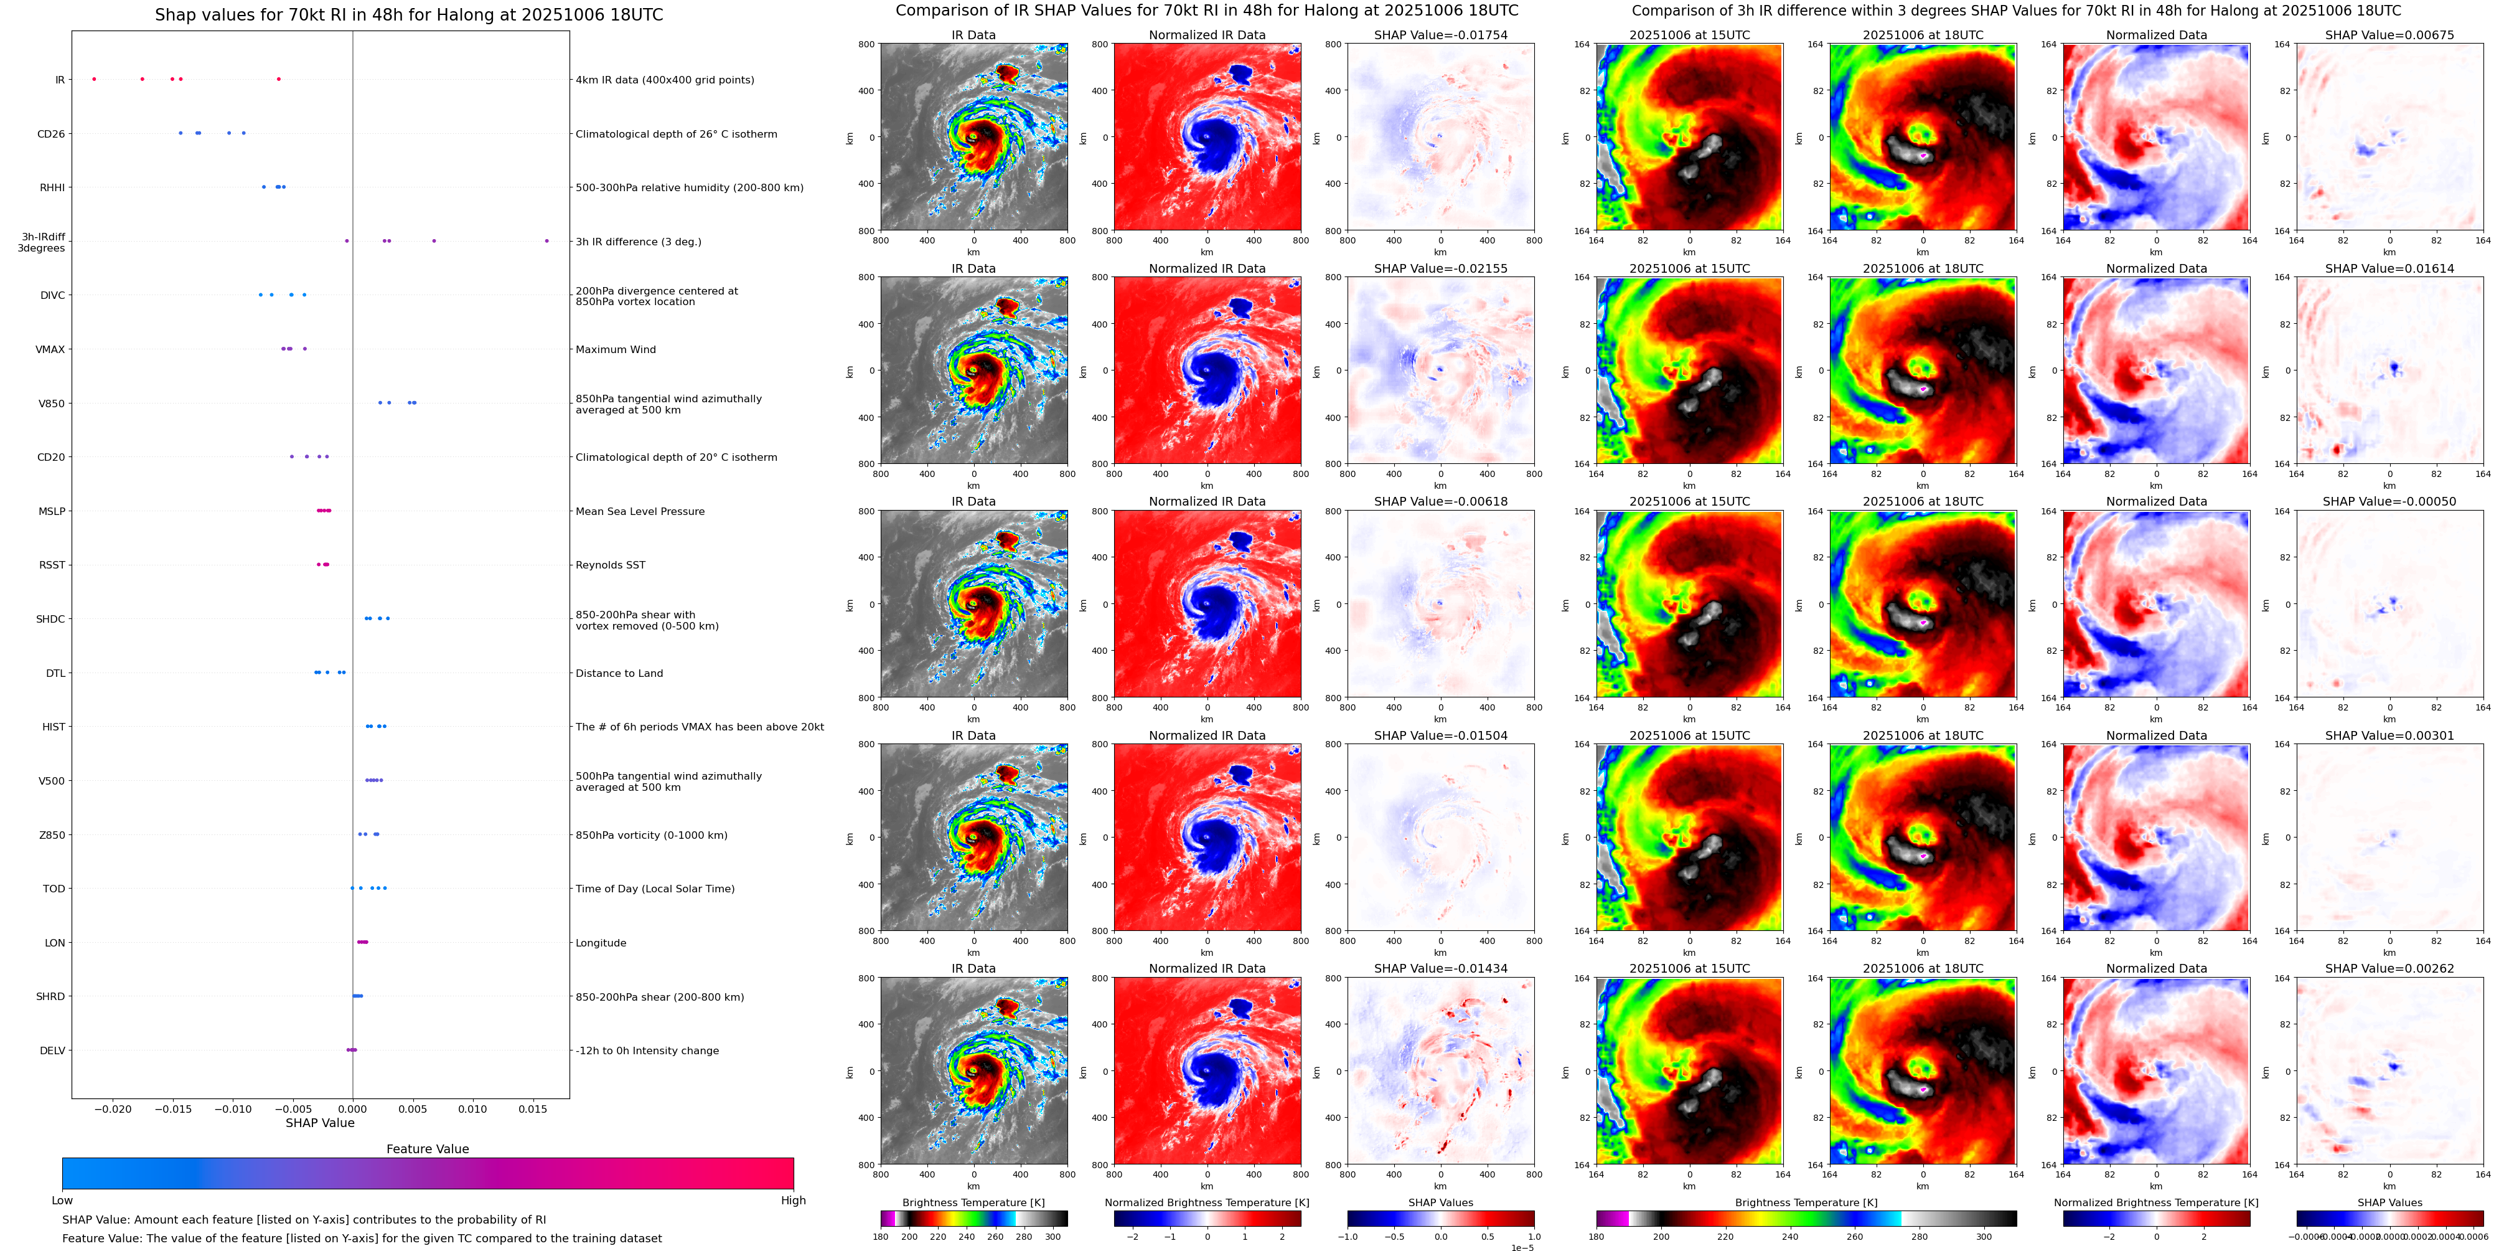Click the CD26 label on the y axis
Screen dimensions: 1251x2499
coord(50,134)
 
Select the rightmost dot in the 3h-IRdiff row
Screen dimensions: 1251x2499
coord(546,241)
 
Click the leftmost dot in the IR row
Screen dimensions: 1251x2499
coord(94,78)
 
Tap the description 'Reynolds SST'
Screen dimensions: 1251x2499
coord(610,565)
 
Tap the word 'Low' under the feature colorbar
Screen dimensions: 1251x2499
coord(62,1201)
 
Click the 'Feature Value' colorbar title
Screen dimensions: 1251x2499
coord(427,1149)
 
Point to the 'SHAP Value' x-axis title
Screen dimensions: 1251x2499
coord(319,1123)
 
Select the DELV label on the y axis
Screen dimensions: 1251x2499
coord(52,1050)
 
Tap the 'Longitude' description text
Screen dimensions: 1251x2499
coord(601,942)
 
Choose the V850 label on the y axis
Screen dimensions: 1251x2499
coord(52,404)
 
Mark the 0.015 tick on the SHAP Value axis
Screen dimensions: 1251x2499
coord(533,1108)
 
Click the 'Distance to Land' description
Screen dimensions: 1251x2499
coord(619,673)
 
